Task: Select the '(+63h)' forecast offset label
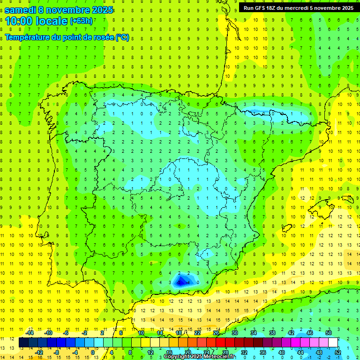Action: [x=81, y=21]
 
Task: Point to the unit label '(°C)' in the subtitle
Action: [x=122, y=37]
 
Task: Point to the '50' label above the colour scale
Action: [x=328, y=333]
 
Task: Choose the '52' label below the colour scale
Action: [x=337, y=352]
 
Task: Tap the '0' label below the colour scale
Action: [x=93, y=352]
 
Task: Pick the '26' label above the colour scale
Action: [x=216, y=333]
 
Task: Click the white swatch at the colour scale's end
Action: [x=333, y=343]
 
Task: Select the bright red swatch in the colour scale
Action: [x=220, y=343]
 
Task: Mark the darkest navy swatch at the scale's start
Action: [x=23, y=343]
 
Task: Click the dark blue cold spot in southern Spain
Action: [x=180, y=281]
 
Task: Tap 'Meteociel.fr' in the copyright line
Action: [x=220, y=357]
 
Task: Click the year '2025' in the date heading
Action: [x=99, y=10]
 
